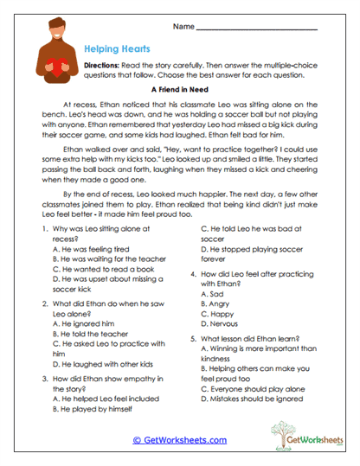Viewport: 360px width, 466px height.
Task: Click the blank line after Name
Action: [256, 29]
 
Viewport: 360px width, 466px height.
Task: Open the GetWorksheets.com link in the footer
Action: [179, 439]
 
